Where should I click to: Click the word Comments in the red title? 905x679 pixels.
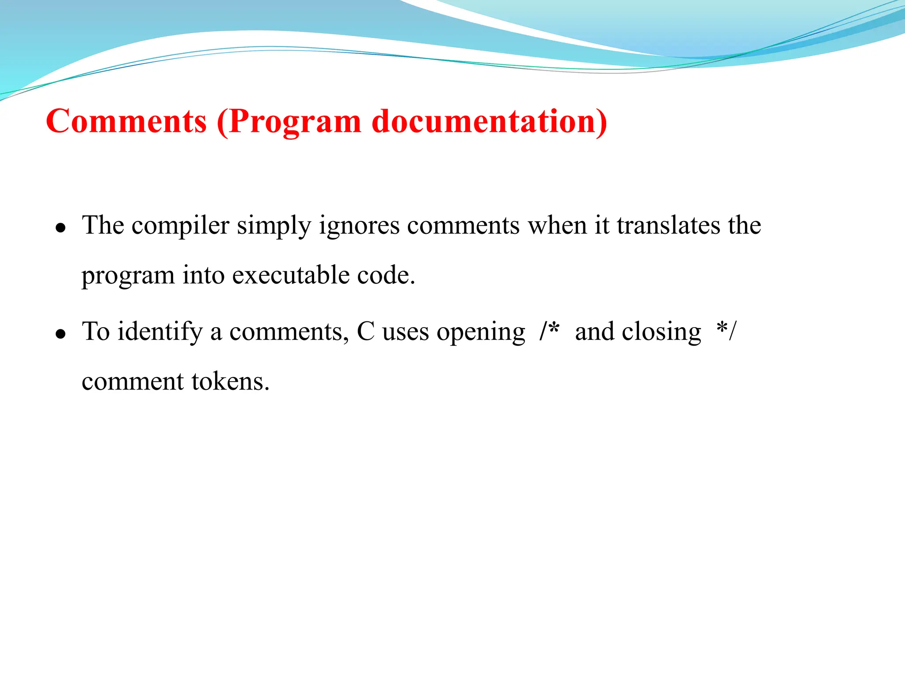pos(126,121)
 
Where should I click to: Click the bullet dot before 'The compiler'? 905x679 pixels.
pos(61,228)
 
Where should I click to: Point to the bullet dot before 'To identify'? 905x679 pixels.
pos(61,334)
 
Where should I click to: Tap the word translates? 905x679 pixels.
pos(668,225)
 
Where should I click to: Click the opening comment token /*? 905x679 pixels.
pos(549,331)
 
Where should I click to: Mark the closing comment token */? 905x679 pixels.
pos(726,331)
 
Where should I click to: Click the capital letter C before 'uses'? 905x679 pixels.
pos(365,332)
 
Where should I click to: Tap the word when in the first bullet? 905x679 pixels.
pos(557,225)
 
